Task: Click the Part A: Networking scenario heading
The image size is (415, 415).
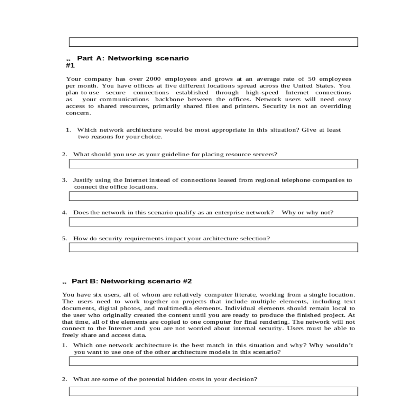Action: (133, 58)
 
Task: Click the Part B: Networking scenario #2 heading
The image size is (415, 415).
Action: (131, 281)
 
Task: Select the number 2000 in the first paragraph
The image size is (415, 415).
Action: (153, 79)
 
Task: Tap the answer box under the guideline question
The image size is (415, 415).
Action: (213, 164)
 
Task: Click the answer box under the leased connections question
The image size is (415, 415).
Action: (213, 196)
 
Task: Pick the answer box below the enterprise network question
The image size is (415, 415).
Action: (213, 222)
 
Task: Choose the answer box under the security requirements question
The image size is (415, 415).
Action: (213, 247)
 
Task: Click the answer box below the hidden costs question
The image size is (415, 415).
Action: (213, 391)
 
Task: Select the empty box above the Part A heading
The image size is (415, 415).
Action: (213, 42)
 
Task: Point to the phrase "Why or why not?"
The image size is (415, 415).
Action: (307, 213)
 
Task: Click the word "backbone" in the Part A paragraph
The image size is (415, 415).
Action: (169, 100)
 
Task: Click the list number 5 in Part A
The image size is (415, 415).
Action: (64, 239)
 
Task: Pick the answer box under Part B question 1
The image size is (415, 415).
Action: (213, 361)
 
